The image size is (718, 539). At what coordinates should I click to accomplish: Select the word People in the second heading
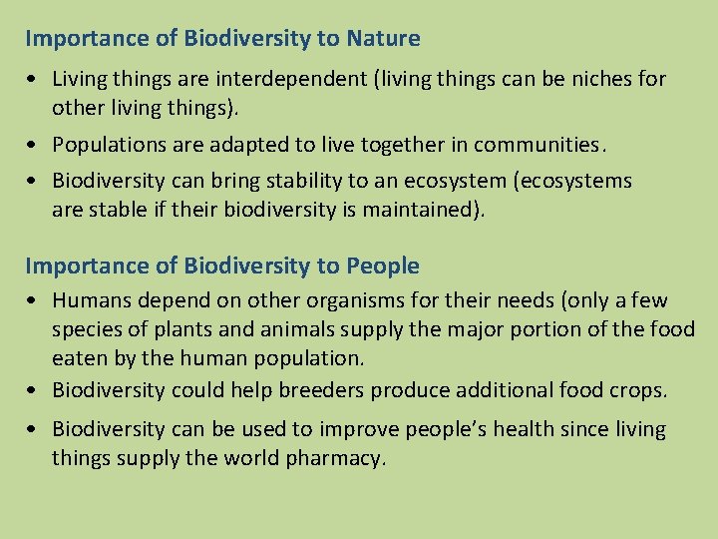click(383, 267)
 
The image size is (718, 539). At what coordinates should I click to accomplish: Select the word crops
click(638, 390)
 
